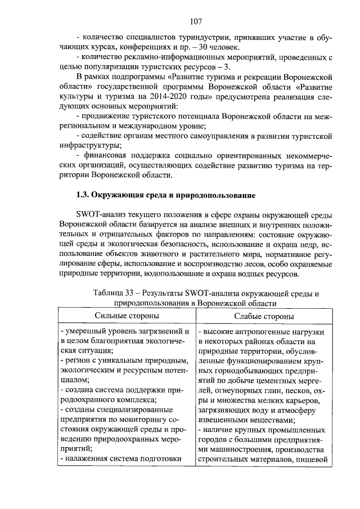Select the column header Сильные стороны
127,317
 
